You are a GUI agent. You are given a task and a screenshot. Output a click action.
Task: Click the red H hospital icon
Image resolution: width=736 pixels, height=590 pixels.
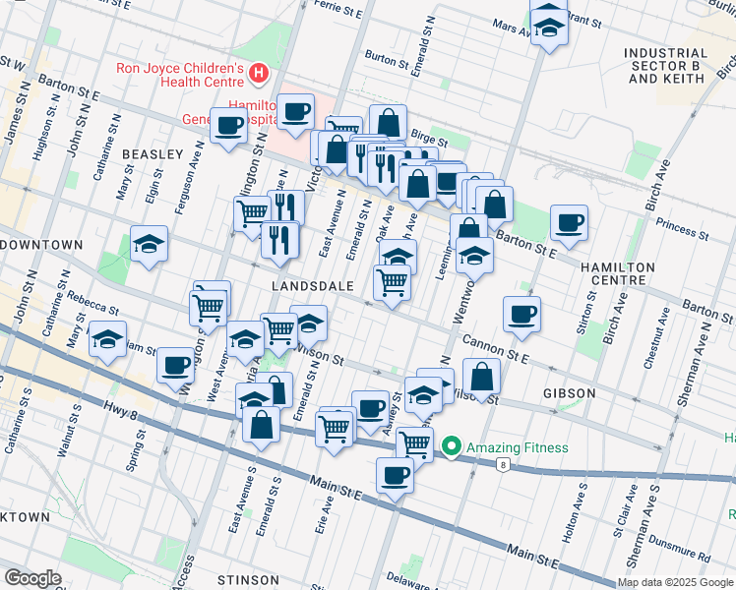coord(258,72)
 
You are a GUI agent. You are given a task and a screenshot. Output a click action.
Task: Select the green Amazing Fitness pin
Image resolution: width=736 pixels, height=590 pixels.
coord(452,447)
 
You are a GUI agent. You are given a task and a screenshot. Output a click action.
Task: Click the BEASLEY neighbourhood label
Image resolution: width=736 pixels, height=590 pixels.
coord(153,154)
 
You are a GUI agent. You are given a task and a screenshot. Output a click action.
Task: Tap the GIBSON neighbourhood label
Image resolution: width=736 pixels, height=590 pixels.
coord(569,393)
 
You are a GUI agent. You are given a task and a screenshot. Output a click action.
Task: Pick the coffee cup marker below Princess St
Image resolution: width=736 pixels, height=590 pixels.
coord(569,222)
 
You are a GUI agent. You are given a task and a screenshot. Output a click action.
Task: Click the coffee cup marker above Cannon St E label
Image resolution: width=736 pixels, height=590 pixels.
coord(521,314)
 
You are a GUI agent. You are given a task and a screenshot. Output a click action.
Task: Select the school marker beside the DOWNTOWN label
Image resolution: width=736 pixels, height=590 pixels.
coord(149,243)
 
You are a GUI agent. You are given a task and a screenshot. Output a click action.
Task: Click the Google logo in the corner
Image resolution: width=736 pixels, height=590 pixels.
coord(33,578)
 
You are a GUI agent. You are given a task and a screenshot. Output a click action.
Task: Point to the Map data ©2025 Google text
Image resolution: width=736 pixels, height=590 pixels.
coord(674,582)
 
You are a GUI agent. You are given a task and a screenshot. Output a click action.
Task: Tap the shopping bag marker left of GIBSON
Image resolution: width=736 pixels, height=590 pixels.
coord(481,376)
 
